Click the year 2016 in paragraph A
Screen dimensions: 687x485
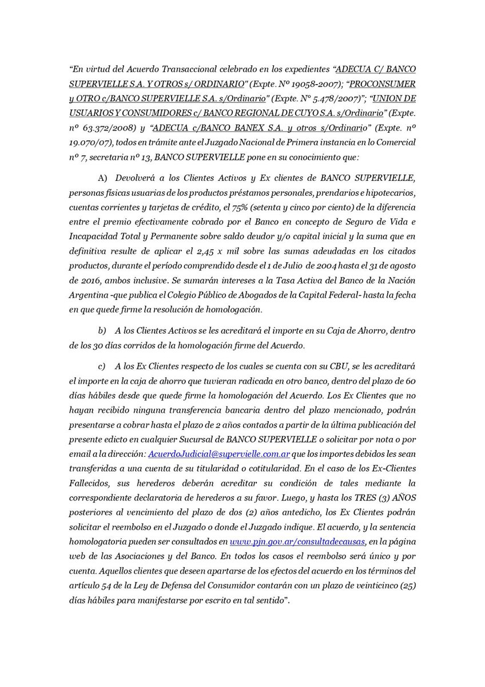[x=81, y=282]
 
